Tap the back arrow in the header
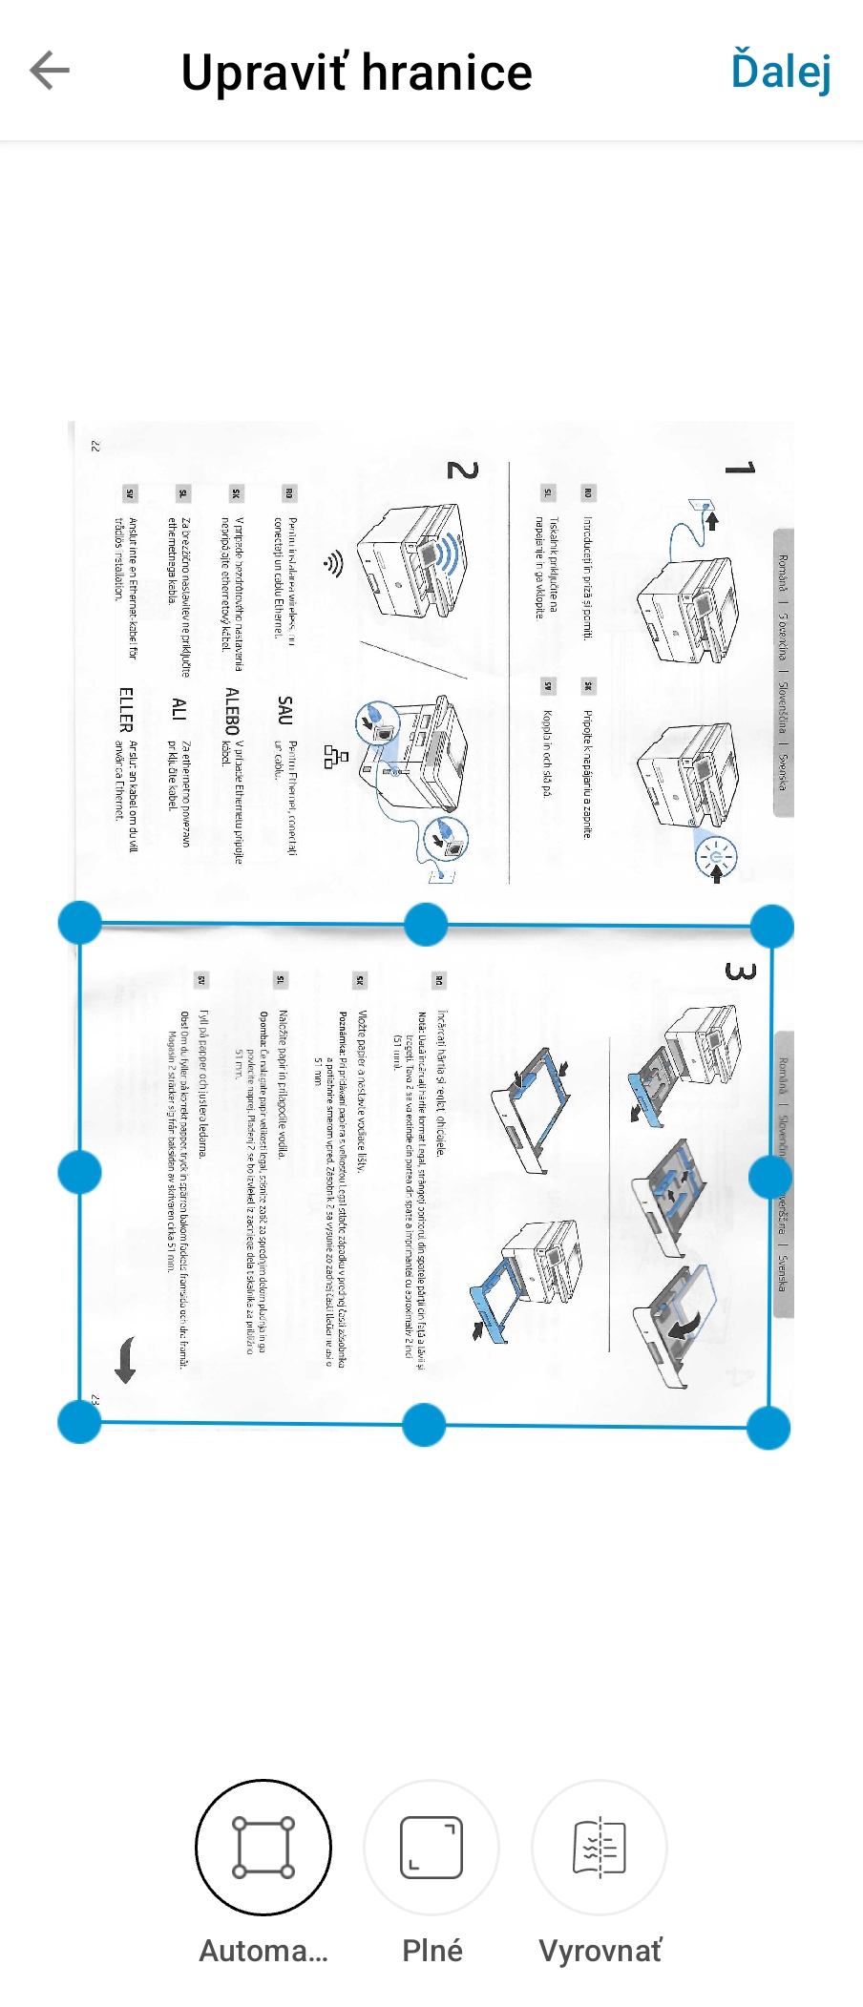pos(50,71)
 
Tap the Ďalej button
pos(781,71)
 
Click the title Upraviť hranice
pos(356,73)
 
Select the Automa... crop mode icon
pos(263,1847)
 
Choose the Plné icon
pos(431,1847)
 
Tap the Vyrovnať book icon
pos(600,1847)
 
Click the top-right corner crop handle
pos(771,927)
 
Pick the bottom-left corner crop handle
pos(79,1422)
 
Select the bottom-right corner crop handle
pos(768,1428)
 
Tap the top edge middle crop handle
pos(426,924)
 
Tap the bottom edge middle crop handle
pos(424,1425)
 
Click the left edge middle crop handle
pos(79,1172)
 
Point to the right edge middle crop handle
pos(770,1177)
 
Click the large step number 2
pos(462,470)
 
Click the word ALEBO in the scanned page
pos(232,710)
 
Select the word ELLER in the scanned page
pos(126,709)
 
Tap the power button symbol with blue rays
pos(716,855)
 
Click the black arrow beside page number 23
pos(125,1361)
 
